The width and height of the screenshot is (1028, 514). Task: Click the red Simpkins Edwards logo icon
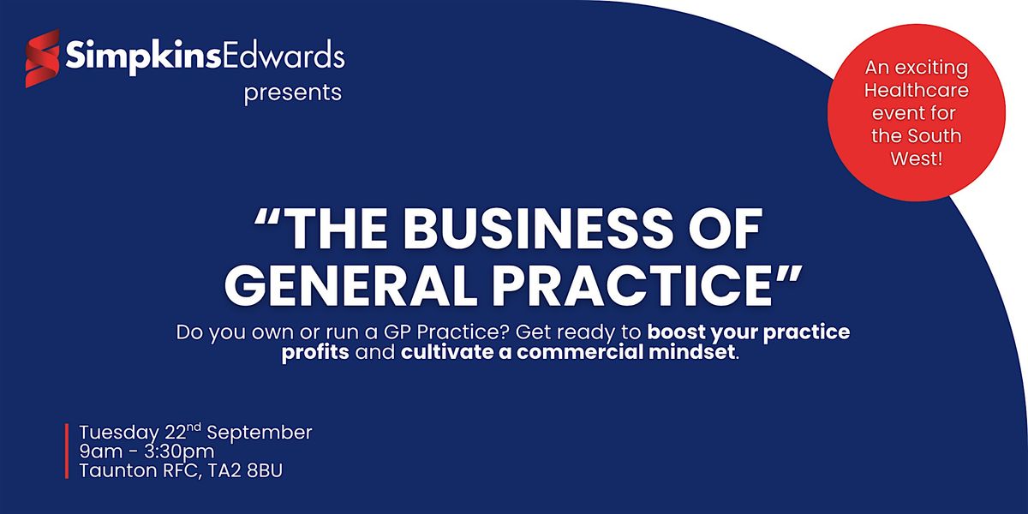[42, 58]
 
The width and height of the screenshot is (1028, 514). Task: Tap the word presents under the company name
[293, 93]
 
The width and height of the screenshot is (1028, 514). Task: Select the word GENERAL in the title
[350, 285]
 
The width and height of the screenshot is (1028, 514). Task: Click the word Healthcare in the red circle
[917, 91]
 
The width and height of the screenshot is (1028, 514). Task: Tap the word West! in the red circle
[917, 158]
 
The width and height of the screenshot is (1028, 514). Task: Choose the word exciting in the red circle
[932, 69]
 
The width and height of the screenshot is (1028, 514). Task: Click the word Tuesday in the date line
[119, 433]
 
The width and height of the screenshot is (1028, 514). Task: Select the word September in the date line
[260, 433]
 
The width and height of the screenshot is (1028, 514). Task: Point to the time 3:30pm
[179, 452]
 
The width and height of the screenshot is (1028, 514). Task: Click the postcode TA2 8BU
[246, 471]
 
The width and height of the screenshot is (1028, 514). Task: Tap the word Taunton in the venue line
[118, 471]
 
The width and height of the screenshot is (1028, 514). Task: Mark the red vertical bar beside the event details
[67, 451]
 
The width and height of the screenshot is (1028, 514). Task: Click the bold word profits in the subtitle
[315, 352]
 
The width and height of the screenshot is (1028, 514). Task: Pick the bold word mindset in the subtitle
[691, 352]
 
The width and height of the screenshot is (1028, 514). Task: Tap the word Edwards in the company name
[284, 56]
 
